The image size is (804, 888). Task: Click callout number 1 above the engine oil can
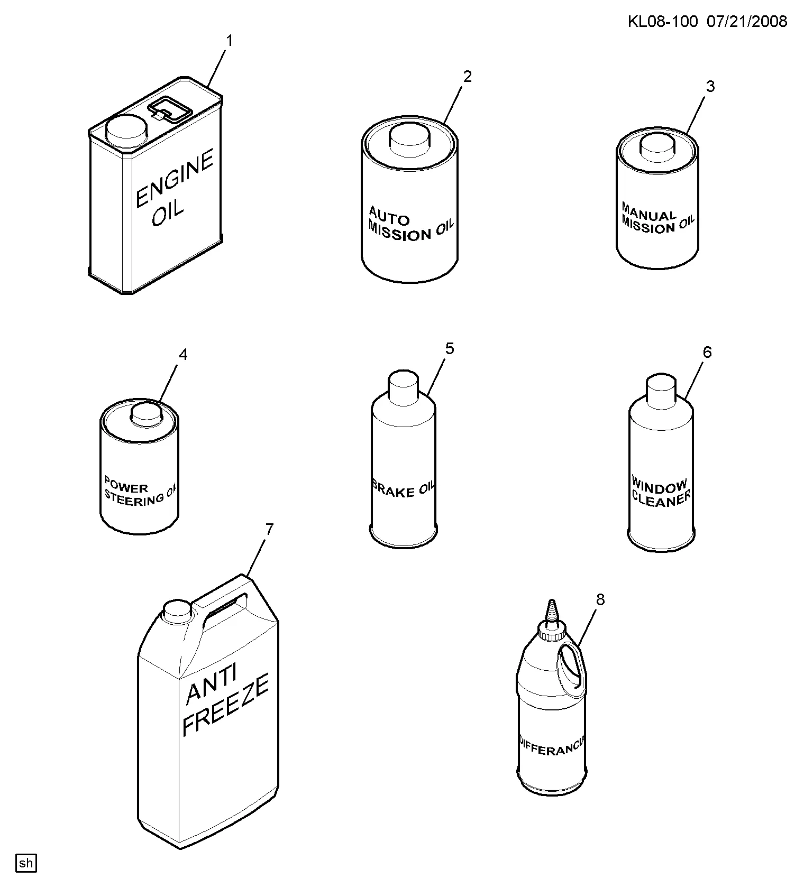(230, 41)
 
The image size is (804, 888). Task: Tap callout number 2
(467, 77)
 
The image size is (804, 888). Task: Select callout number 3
(710, 86)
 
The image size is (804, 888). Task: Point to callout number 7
(269, 529)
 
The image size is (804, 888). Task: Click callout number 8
(600, 599)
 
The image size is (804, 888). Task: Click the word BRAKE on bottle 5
(394, 490)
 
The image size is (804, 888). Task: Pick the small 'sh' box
(26, 863)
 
